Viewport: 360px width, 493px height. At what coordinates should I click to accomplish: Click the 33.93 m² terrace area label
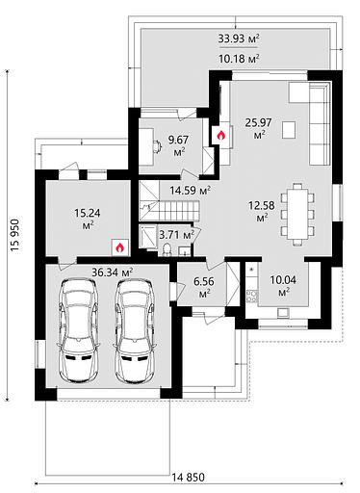coord(239,39)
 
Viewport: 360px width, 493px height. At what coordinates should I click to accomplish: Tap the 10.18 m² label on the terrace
coord(239,59)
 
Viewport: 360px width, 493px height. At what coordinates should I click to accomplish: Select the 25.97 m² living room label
coord(258,128)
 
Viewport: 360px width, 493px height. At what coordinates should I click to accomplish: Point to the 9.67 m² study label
coord(179,145)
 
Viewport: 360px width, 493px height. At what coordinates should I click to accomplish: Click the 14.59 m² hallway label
coord(191,191)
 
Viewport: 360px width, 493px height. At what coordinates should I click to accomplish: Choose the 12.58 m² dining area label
coord(262,211)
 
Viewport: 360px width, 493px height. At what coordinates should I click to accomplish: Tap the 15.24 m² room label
coord(88,219)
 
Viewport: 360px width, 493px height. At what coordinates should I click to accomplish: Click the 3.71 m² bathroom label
coord(177,235)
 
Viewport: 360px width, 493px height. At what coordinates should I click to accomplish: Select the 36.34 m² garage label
coord(113,272)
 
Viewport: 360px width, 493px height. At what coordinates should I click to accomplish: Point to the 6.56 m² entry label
coord(204,287)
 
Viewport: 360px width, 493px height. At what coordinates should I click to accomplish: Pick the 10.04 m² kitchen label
coord(283,285)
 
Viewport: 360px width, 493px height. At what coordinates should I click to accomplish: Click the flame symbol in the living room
coord(220,136)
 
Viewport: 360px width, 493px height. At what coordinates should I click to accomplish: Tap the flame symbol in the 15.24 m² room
coord(120,247)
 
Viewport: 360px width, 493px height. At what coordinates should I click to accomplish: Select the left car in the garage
coord(78,330)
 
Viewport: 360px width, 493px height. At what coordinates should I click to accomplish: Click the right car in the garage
coord(135,330)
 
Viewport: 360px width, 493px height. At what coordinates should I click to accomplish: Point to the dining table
coord(297,214)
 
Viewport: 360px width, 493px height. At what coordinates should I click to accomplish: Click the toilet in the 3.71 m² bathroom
coord(167,249)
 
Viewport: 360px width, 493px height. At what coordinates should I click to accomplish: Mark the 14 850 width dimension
coord(188,478)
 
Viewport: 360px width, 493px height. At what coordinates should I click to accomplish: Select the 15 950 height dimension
coord(15,235)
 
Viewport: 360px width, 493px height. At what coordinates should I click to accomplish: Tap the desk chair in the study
coord(157,146)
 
